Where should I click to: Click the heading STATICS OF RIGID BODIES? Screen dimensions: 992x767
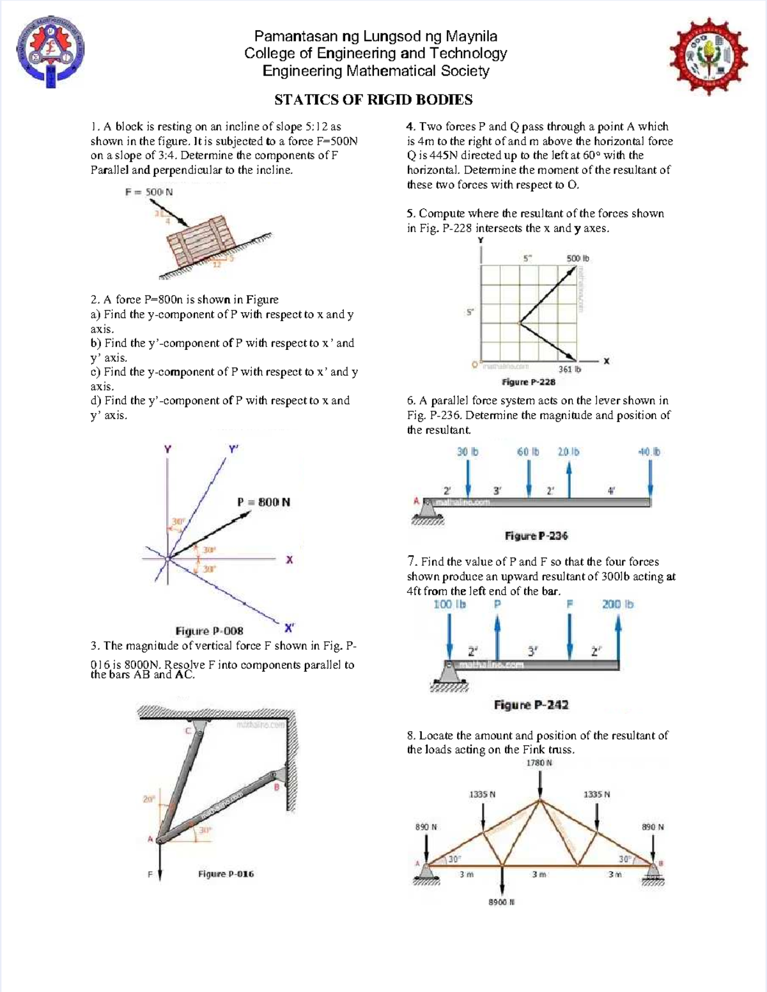[x=373, y=100]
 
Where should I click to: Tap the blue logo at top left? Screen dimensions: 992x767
[x=50, y=52]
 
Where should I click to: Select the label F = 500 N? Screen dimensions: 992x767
[x=149, y=192]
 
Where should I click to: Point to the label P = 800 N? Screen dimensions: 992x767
[x=263, y=502]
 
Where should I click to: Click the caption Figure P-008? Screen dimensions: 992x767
[x=209, y=631]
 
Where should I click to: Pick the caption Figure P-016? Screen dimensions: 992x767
[x=226, y=874]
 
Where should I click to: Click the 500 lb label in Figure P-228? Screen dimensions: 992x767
[x=577, y=258]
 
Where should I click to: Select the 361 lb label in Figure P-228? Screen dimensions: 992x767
[x=569, y=369]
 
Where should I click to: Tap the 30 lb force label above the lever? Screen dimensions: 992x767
[x=467, y=452]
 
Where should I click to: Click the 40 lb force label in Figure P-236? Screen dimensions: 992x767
[x=649, y=452]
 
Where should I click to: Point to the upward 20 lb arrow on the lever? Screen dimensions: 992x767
[x=568, y=478]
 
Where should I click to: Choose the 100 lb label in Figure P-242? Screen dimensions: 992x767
[x=449, y=604]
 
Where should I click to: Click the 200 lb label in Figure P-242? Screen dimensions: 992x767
[x=617, y=604]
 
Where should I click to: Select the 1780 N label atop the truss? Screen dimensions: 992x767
[x=539, y=763]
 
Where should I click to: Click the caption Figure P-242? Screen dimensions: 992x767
[x=531, y=705]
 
